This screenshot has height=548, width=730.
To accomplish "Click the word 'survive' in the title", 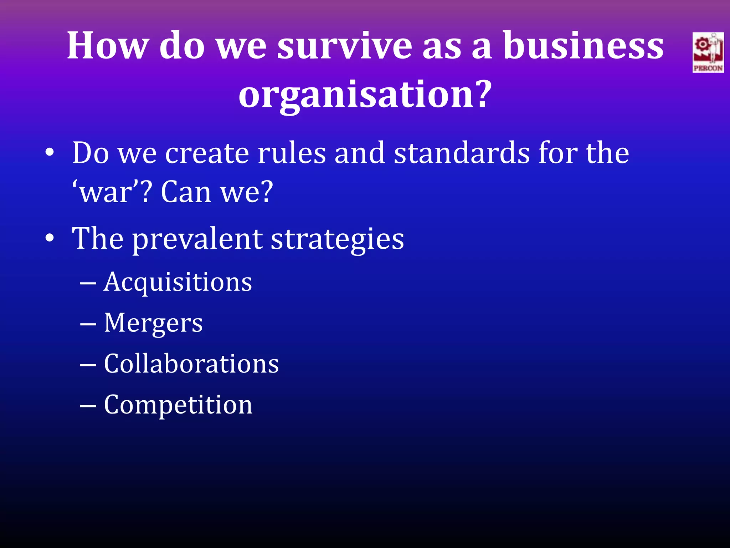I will [x=344, y=46].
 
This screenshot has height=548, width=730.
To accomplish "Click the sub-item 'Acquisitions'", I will [x=178, y=282].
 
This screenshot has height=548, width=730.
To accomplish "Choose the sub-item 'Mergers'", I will [x=153, y=323].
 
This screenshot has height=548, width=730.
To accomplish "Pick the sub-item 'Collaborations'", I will [x=191, y=364].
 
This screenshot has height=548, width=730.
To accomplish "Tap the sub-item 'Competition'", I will [x=178, y=405].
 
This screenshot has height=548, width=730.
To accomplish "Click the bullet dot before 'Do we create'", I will [x=50, y=153].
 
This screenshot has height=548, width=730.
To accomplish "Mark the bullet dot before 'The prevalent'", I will [x=50, y=239].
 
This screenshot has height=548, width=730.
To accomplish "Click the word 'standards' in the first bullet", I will [x=462, y=153].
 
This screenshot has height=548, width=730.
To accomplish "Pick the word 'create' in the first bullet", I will [x=207, y=153].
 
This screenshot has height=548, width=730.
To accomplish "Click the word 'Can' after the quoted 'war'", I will [x=186, y=193].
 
